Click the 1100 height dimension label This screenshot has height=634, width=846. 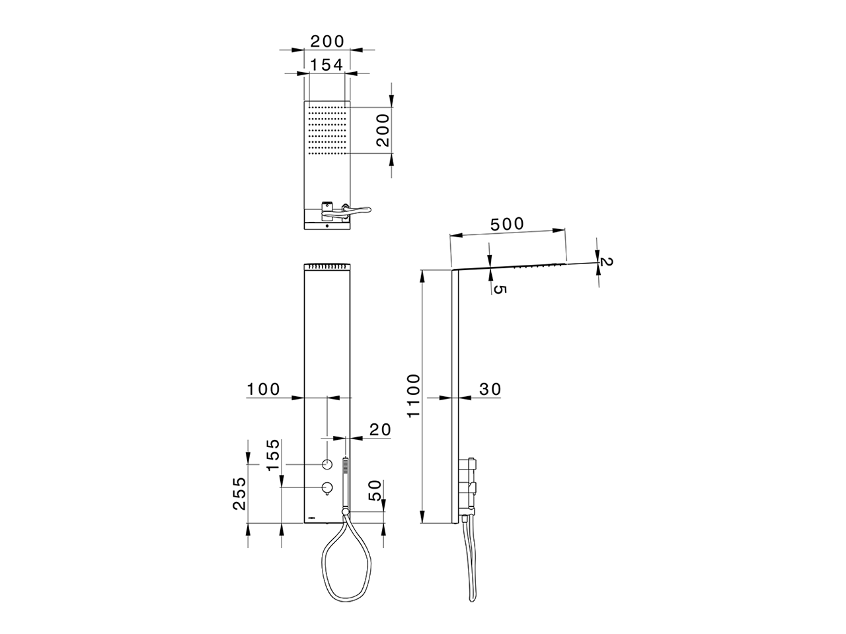coord(414,396)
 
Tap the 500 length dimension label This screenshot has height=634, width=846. coord(507,224)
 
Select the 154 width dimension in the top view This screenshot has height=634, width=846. coord(327,65)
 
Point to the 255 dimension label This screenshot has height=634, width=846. coord(239,494)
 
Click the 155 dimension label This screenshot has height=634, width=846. coord(273,455)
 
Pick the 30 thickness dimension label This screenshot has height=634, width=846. coord(490,390)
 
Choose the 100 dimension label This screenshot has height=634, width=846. coord(263,390)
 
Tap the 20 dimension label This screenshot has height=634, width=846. coord(380,429)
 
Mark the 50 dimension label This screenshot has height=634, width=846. coord(375,490)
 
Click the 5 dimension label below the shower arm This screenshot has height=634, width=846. coord(499,290)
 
